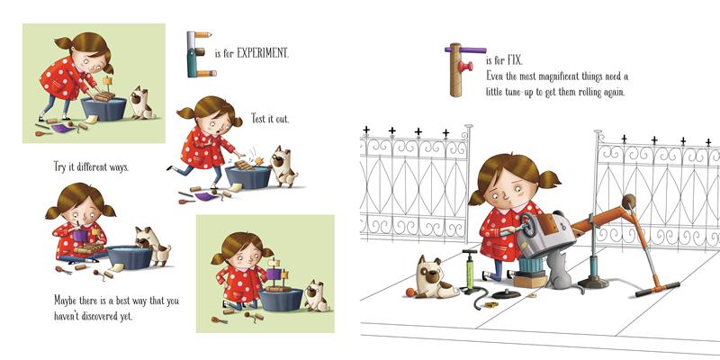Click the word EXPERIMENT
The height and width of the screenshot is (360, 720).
pos(263,53)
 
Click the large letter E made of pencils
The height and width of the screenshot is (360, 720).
pos(200,54)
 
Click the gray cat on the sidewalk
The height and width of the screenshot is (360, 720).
pos(560,274)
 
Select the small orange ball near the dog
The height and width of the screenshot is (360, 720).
pos(409,292)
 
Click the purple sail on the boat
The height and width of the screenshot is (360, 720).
pos(273,274)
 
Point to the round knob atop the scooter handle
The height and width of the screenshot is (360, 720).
pos(628,201)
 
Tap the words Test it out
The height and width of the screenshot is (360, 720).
pos(270,119)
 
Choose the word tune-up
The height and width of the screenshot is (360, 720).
pos(524,92)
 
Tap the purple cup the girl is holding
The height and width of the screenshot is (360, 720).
pos(80,236)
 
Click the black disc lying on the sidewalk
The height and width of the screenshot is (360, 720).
pos(506,294)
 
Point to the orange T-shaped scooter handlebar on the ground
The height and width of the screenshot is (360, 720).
pos(657,289)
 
